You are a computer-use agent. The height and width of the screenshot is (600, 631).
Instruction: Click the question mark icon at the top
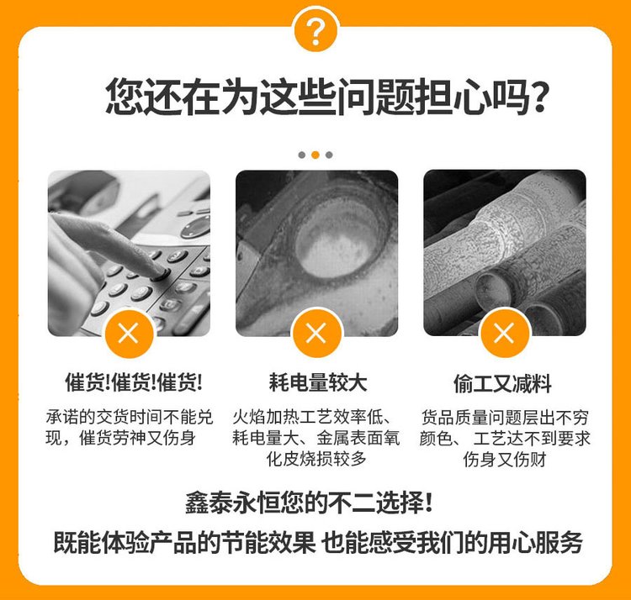[315, 29]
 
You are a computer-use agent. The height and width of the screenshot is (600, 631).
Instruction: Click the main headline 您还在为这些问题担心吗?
[327, 97]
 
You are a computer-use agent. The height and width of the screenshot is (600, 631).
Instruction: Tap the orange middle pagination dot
[315, 155]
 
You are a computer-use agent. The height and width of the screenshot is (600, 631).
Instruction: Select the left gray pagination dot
[302, 155]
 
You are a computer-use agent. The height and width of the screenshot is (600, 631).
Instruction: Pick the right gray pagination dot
[329, 155]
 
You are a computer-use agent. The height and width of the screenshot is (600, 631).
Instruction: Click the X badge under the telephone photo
[129, 333]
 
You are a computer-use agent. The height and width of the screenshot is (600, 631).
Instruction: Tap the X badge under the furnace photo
[316, 333]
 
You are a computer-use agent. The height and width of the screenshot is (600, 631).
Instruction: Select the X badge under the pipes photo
[504, 333]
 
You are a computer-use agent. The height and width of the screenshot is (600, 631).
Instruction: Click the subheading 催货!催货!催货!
[134, 382]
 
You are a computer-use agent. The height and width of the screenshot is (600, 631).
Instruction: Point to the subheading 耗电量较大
[318, 382]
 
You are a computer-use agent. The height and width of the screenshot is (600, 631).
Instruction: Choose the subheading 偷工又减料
[502, 383]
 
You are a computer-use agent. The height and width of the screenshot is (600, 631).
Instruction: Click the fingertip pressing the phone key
[160, 273]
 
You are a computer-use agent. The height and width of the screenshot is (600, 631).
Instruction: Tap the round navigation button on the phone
[195, 228]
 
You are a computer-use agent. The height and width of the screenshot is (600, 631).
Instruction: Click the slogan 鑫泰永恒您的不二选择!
[309, 503]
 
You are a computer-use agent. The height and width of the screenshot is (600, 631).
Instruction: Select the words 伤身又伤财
[504, 460]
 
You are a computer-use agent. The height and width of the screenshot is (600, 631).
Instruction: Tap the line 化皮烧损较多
[316, 459]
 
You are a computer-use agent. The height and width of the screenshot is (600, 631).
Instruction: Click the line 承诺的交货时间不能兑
[130, 417]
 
